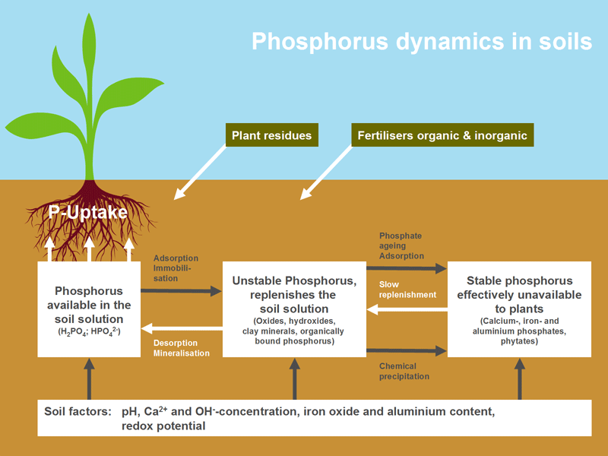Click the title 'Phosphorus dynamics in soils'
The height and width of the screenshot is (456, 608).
click(422, 40)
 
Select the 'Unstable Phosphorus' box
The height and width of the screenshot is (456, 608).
click(293, 308)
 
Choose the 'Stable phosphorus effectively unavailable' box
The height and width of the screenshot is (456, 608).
click(519, 308)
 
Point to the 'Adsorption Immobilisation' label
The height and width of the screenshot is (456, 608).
click(177, 268)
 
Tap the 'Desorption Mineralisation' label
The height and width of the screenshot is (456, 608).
click(181, 347)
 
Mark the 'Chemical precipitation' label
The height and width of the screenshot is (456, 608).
click(404, 371)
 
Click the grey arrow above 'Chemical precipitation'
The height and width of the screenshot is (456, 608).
click(407, 350)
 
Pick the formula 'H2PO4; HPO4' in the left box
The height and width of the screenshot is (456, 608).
click(89, 331)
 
